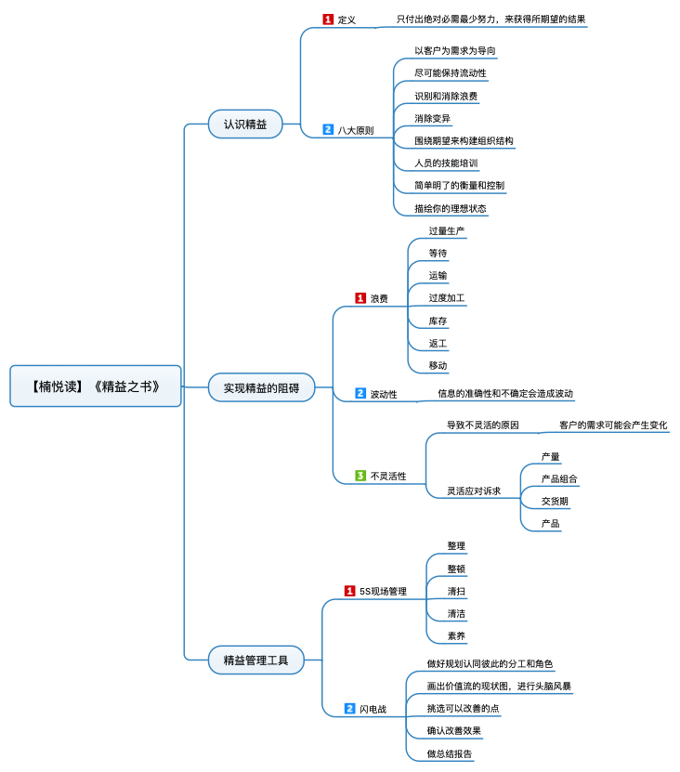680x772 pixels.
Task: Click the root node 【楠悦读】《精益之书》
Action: point(96,386)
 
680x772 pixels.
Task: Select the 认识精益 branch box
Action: point(245,124)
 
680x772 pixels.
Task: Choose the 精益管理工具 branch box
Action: point(255,661)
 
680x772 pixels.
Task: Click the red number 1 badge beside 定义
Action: point(328,19)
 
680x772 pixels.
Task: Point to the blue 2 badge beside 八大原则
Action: point(328,130)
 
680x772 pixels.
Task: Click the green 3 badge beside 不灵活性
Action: point(360,476)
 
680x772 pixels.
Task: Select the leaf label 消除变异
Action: point(433,118)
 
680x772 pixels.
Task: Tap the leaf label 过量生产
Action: point(446,230)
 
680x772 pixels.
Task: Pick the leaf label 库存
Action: point(438,321)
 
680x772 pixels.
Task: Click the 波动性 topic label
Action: point(384,395)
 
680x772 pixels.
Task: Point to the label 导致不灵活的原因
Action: point(482,425)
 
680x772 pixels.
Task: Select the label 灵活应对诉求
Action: point(473,491)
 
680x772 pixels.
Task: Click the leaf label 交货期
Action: point(555,502)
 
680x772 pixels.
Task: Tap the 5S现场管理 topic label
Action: point(383,591)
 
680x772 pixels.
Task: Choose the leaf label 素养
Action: point(456,636)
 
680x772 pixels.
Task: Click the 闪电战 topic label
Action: point(373,709)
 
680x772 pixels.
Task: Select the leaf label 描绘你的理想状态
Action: point(450,208)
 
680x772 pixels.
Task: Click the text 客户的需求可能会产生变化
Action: point(613,425)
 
